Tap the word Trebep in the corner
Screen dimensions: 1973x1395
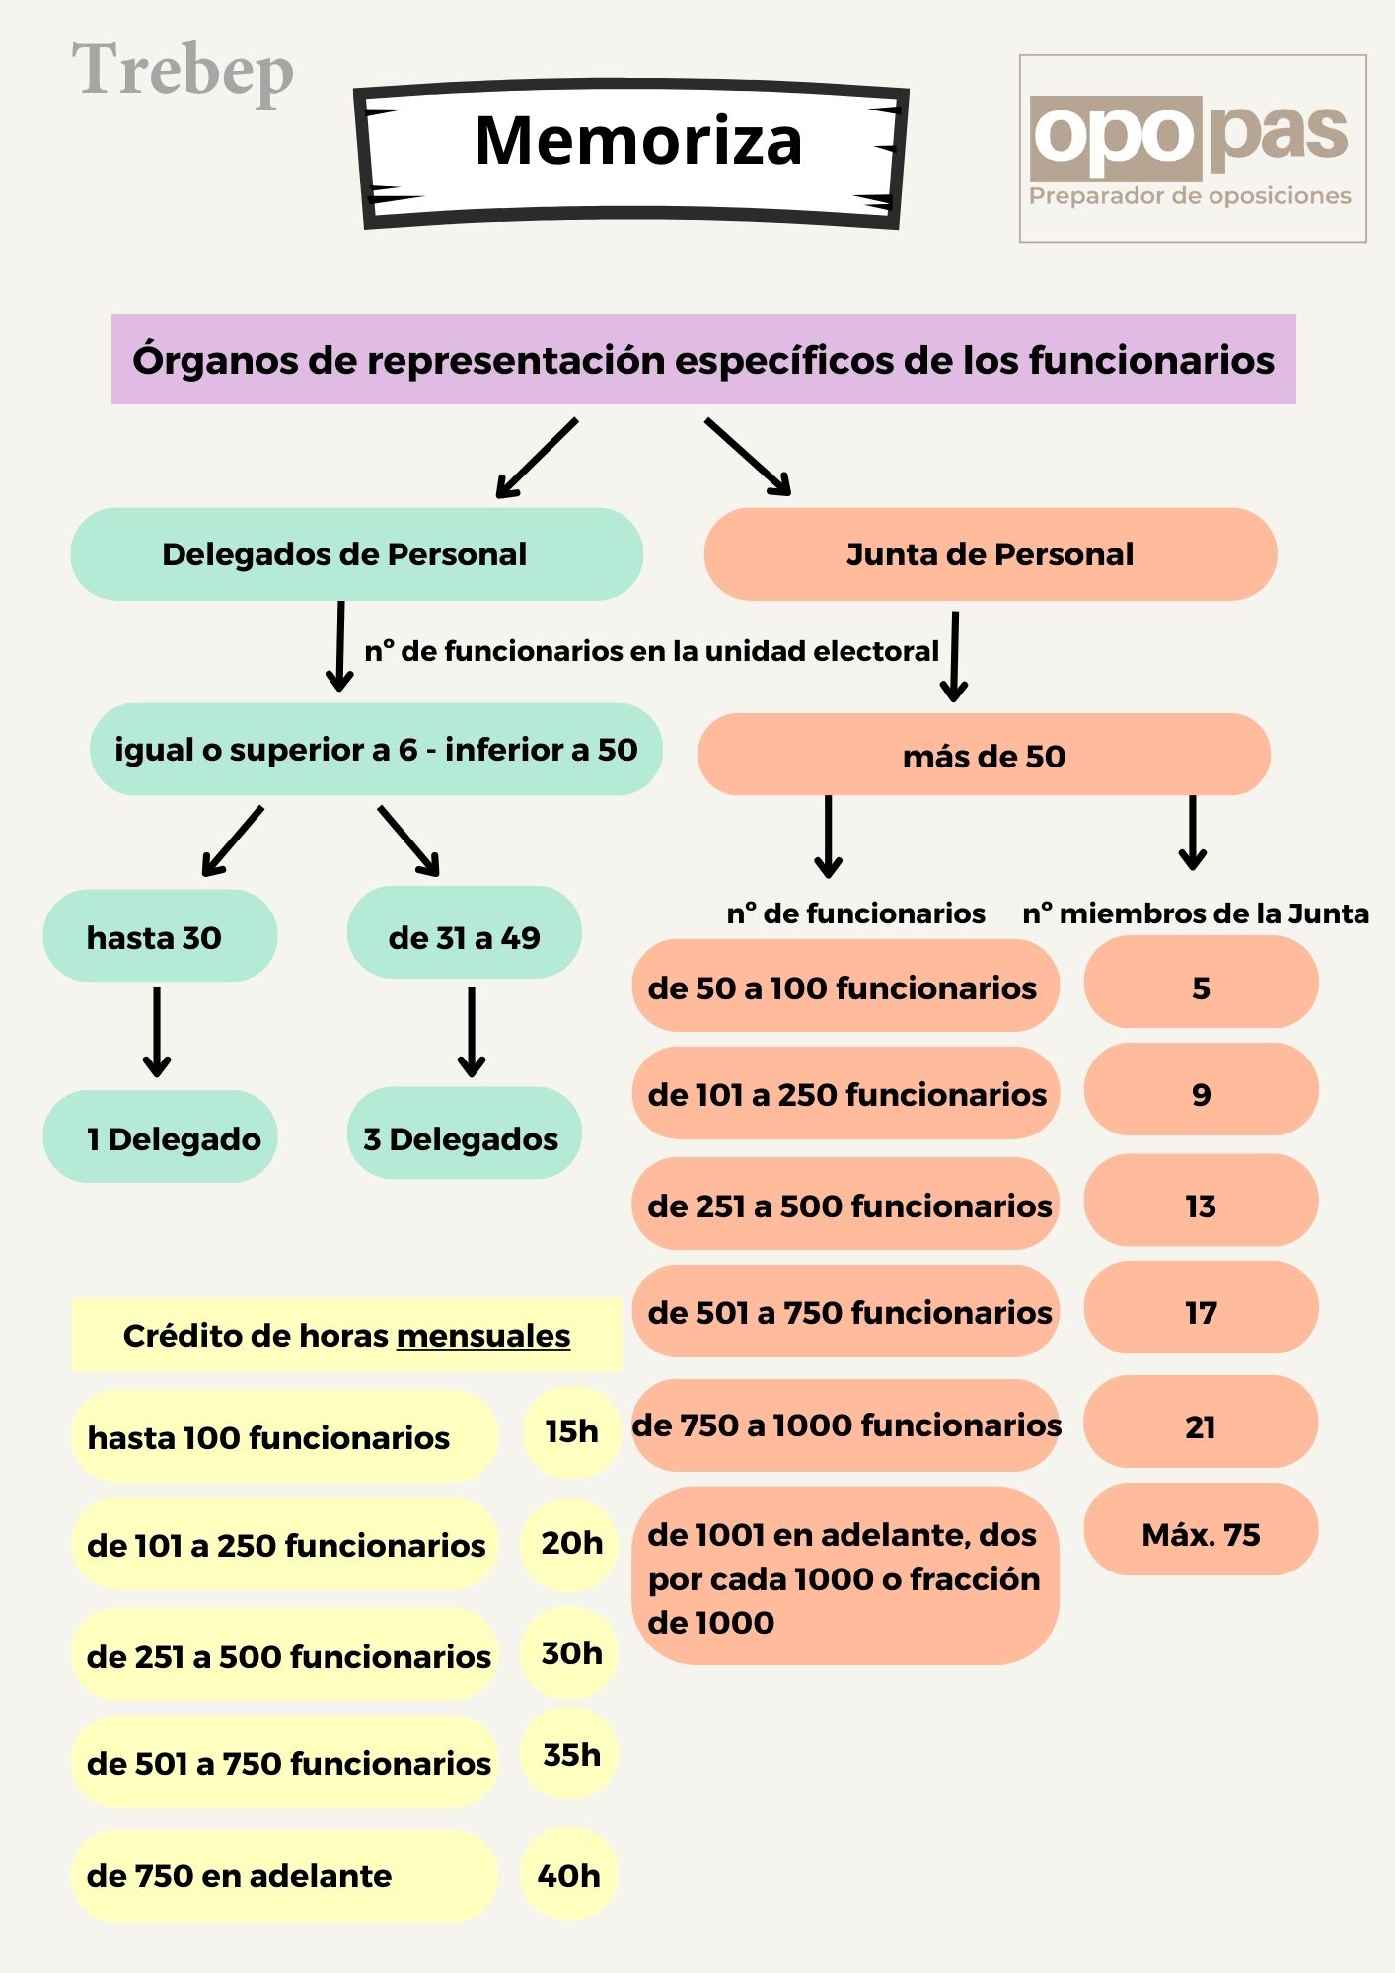[183, 71]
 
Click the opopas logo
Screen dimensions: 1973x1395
[1191, 148]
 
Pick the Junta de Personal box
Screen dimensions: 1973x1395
[990, 554]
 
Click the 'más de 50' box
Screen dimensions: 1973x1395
[983, 756]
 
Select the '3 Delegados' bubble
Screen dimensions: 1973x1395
[463, 1137]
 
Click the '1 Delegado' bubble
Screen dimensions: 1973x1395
[159, 1137]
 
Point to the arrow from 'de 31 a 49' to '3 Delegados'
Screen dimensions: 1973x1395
[472, 1031]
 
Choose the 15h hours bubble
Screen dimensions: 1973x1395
[571, 1431]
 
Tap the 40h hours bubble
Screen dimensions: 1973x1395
[568, 1875]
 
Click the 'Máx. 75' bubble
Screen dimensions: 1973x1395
[1201, 1534]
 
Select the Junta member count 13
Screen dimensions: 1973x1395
[1201, 1205]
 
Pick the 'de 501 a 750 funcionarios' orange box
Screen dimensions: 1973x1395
[845, 1312]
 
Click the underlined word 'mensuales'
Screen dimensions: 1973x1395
[483, 1336]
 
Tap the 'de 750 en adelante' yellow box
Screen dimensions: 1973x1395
[283, 1875]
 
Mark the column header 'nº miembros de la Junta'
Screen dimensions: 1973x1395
[1195, 913]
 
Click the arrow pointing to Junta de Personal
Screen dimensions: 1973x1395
[748, 456]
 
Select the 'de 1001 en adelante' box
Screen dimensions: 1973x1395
[844, 1577]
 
